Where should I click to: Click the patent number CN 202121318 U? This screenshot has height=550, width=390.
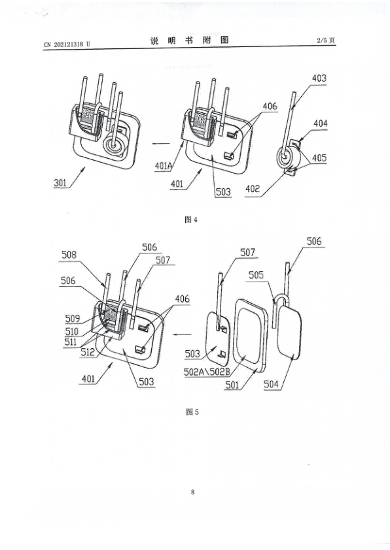(67, 44)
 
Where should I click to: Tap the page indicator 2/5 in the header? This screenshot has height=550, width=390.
(321, 40)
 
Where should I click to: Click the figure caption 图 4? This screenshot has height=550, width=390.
(191, 219)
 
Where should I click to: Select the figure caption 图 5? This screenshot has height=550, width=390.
(192, 412)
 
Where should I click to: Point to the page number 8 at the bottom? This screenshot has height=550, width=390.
(192, 492)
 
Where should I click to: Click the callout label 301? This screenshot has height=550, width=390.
(60, 183)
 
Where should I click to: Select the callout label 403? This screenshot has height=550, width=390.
(319, 78)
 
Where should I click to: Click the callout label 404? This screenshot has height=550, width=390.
(321, 123)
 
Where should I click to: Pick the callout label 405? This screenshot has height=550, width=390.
(319, 158)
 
